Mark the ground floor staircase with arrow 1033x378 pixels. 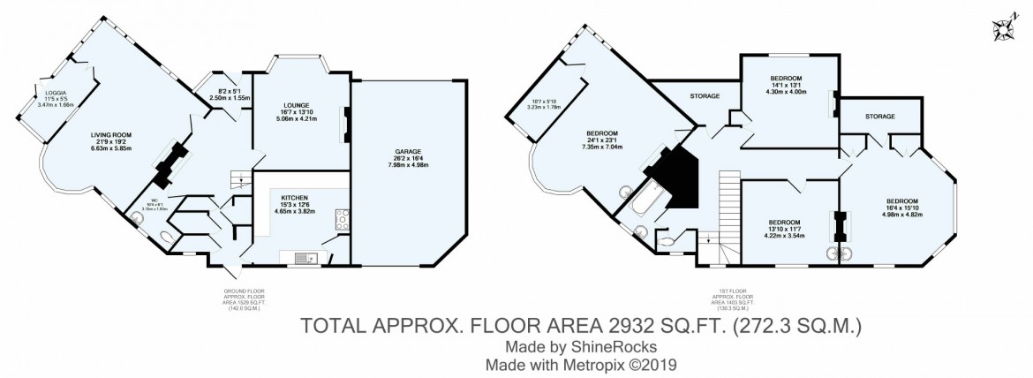pos(236,182)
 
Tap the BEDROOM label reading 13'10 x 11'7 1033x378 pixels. pos(784,222)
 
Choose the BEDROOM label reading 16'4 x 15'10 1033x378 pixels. pos(903,200)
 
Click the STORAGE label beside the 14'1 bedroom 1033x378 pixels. pos(704,95)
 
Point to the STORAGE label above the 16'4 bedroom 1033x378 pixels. pos(879,116)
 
